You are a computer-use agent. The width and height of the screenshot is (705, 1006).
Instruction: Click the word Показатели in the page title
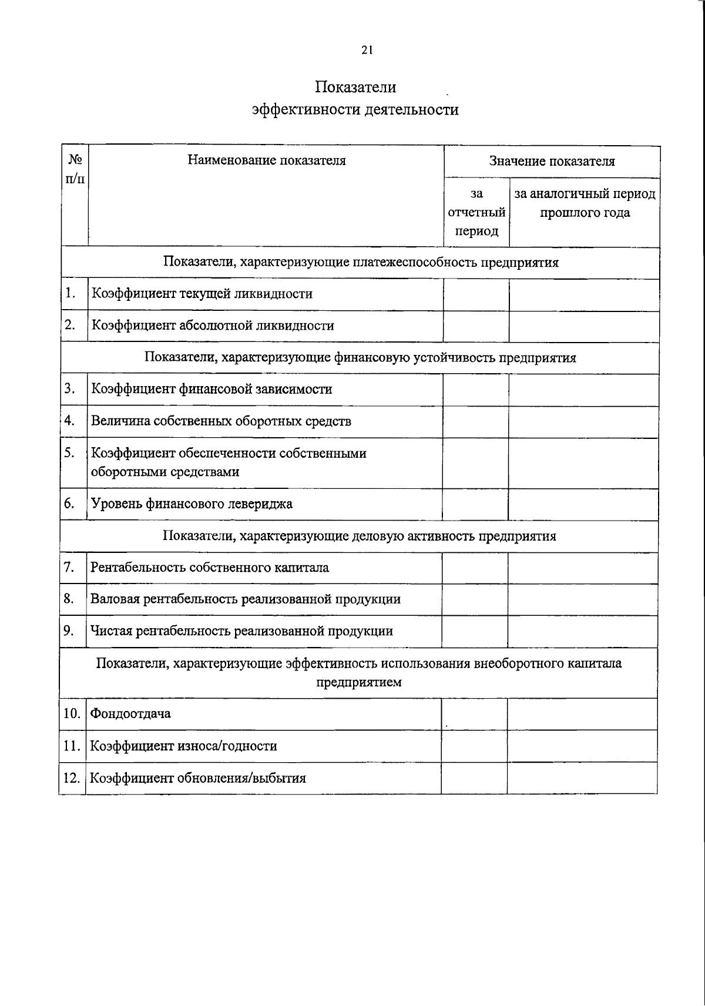pos(355,87)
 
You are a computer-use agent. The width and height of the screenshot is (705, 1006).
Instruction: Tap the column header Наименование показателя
pos(267,160)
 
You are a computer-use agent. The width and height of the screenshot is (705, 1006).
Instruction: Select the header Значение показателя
pos(552,161)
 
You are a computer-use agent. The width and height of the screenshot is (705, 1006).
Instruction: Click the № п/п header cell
pos(75,168)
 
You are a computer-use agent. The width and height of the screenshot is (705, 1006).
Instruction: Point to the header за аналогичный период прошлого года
pos(585,203)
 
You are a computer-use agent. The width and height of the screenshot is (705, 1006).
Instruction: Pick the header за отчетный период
pos(476,212)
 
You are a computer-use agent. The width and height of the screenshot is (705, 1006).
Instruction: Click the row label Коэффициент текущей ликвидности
pos(202,294)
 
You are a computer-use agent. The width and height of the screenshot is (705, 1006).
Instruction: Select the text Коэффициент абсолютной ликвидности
pos(212,326)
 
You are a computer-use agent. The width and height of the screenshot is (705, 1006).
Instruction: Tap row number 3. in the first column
pos(70,388)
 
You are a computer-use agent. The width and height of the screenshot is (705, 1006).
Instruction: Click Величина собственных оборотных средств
pos(221,421)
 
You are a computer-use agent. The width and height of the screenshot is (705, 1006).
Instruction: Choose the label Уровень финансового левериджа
pos(192,504)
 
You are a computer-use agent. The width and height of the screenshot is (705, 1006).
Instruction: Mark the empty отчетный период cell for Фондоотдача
pos(474,714)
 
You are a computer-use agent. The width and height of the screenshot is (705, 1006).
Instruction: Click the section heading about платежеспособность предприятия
pos(361,262)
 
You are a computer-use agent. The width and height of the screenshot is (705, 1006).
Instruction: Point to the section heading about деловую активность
pos(359,536)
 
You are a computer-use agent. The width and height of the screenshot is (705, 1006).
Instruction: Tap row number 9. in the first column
pos(69,631)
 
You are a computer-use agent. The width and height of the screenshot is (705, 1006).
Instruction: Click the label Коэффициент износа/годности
pos(183,746)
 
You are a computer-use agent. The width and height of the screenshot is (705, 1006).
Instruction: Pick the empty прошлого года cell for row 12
pos(582,778)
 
